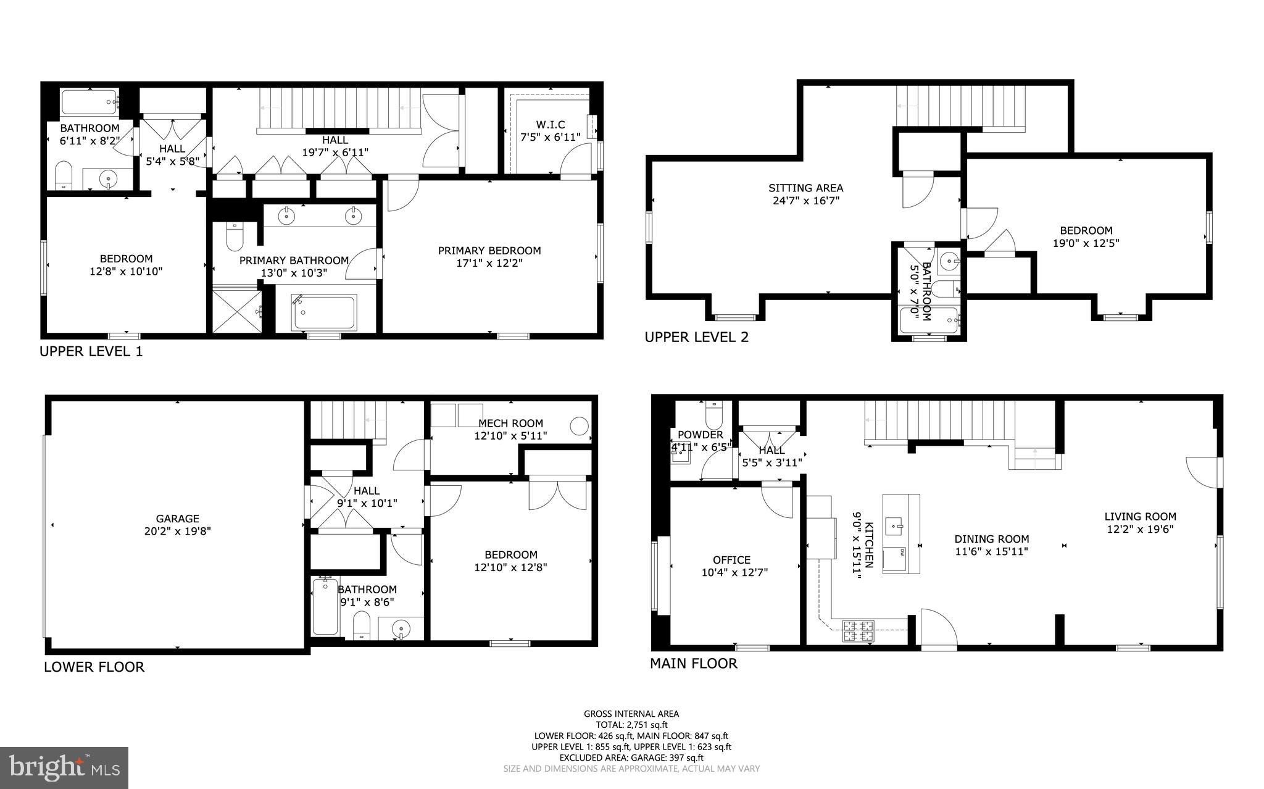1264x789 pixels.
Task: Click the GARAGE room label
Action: [x=177, y=519]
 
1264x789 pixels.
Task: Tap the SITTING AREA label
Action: [x=805, y=188]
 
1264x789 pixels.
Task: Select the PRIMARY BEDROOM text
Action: [x=489, y=251]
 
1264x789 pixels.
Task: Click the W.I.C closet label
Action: [x=550, y=125]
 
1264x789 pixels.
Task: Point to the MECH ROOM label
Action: [x=510, y=424]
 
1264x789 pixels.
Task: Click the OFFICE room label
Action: [x=731, y=560]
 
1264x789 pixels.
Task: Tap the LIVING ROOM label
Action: [x=1140, y=517]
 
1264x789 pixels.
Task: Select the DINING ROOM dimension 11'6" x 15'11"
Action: [x=992, y=552]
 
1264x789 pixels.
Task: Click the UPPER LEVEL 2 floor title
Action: [x=696, y=337]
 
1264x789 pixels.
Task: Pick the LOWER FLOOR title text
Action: [x=94, y=667]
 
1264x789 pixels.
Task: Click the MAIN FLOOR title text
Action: [x=693, y=664]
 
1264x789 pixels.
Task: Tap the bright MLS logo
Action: [x=64, y=767]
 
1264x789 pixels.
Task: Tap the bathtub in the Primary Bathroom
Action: [x=325, y=312]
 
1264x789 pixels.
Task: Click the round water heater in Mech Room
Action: [x=579, y=426]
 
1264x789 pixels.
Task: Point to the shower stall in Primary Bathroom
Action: [x=236, y=311]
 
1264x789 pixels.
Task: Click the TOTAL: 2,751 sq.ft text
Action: [x=631, y=725]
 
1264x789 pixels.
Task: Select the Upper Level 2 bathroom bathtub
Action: [x=928, y=320]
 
